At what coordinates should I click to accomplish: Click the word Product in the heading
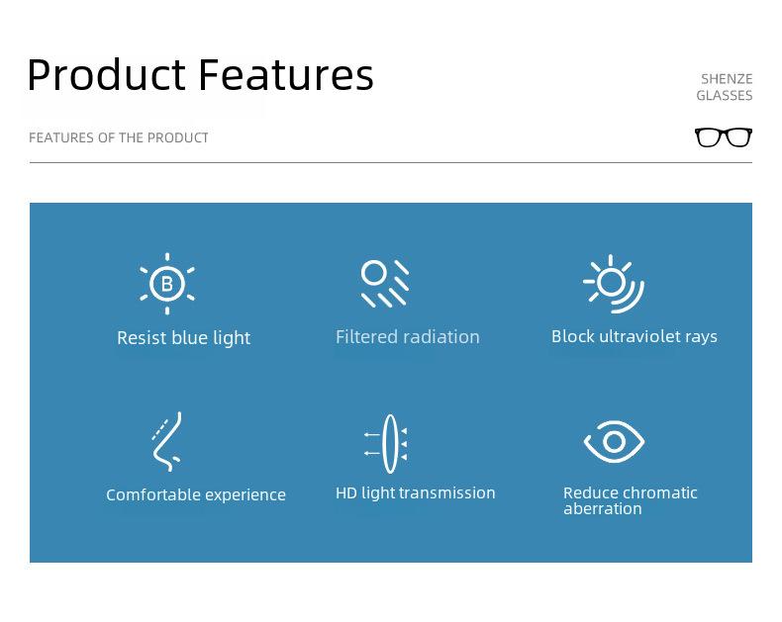107,75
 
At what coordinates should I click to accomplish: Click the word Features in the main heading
286,75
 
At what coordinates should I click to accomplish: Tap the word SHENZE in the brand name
727,79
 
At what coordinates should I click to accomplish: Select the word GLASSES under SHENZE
725,96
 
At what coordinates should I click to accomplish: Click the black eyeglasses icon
724,137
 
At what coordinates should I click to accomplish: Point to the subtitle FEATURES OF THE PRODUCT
119,138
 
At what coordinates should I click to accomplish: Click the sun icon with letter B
167,284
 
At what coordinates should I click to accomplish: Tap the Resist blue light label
183,338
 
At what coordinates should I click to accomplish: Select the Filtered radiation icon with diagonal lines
384,283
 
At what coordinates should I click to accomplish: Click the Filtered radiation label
408,337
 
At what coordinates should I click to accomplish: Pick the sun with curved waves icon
614,284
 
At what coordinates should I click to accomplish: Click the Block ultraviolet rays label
635,336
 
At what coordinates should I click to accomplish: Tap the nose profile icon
167,442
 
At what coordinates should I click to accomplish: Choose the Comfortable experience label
196,494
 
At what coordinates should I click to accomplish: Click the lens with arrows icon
386,444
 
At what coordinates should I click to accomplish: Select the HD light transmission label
416,492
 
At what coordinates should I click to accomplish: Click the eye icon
614,442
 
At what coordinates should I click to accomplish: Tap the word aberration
603,509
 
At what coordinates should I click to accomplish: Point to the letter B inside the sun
167,284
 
